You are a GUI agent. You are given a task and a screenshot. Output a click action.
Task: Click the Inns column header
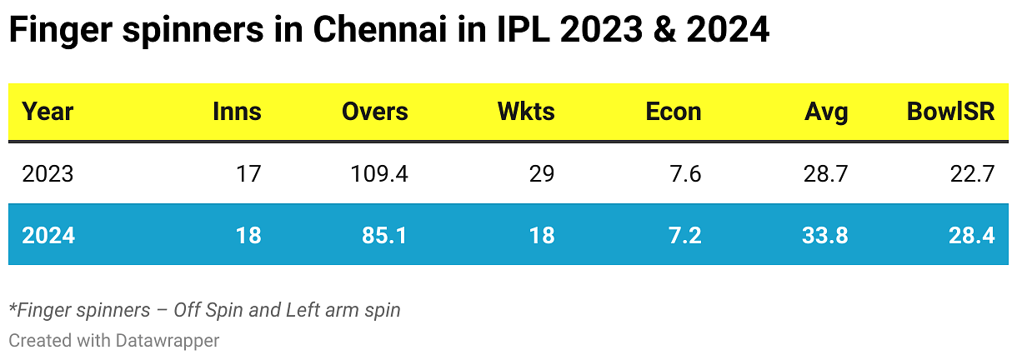tap(237, 112)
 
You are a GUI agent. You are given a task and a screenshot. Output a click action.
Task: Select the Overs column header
tap(375, 112)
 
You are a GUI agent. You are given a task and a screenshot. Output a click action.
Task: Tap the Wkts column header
tap(526, 112)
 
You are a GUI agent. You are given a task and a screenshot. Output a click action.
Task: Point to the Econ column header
tap(674, 112)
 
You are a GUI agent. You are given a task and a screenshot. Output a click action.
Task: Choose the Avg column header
tap(827, 112)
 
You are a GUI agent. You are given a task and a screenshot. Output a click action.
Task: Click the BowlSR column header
tap(951, 112)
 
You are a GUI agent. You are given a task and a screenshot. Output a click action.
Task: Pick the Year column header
tap(48, 112)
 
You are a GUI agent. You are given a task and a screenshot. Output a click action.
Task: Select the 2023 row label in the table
tap(48, 174)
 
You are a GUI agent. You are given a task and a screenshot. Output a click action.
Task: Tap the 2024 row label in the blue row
tap(48, 236)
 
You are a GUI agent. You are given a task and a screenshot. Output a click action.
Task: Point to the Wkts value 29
tap(541, 174)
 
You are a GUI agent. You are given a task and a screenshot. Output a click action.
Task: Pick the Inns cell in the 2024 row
tap(248, 236)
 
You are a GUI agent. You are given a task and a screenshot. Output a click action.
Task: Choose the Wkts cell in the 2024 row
tap(542, 236)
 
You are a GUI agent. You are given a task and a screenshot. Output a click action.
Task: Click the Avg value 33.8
tap(824, 236)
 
